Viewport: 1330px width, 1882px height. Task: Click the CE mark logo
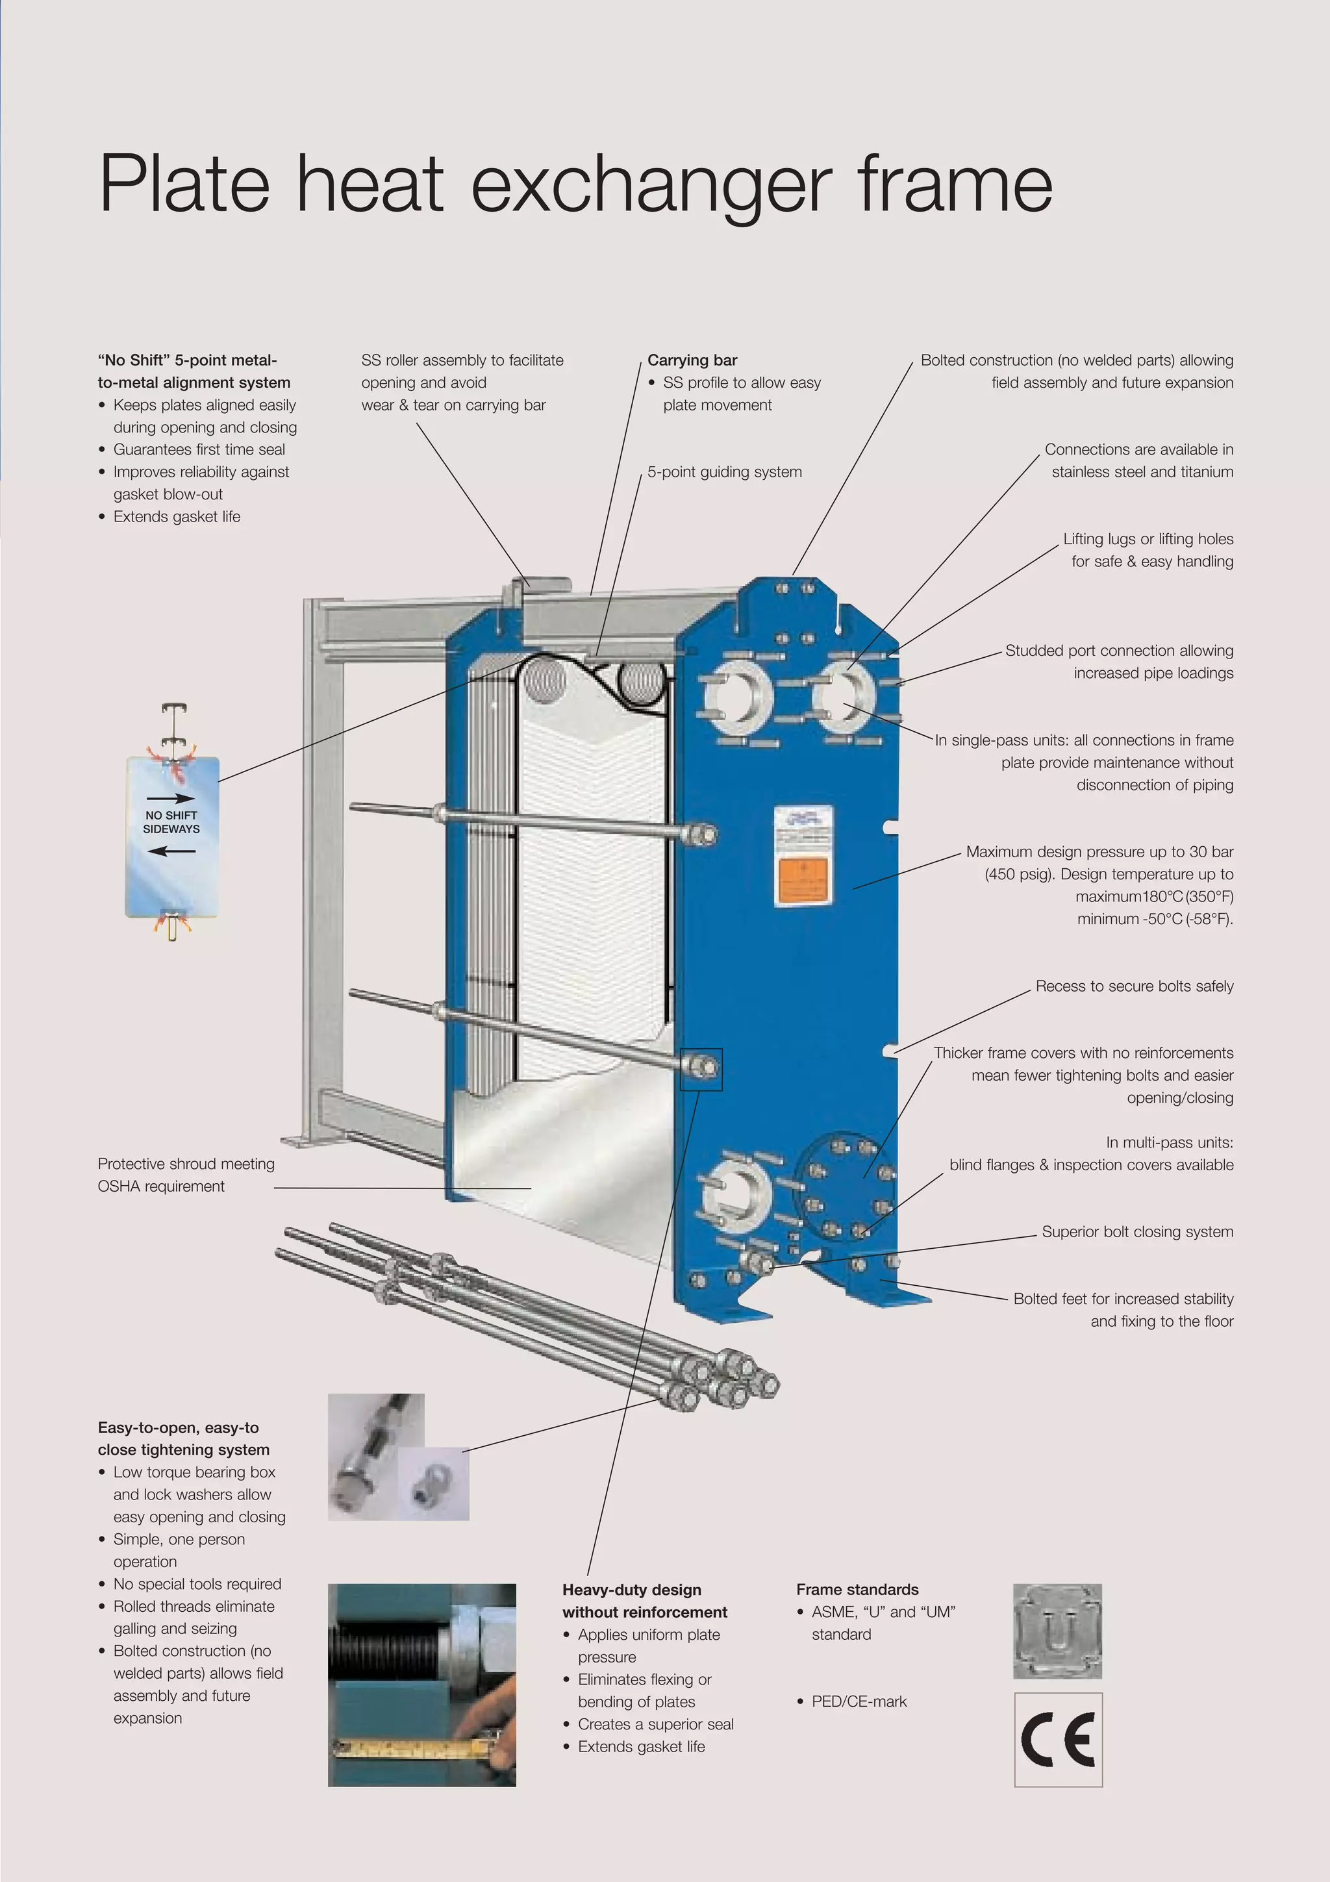[x=1058, y=1738]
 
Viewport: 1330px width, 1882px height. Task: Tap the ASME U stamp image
[x=1057, y=1631]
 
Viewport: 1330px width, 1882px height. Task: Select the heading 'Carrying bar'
[x=692, y=360]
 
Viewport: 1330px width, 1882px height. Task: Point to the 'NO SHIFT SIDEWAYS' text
[x=171, y=822]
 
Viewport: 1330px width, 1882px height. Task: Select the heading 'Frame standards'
[x=857, y=1588]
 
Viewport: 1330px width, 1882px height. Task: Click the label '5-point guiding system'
[x=723, y=471]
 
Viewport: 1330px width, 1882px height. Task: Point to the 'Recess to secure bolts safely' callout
[x=1133, y=985]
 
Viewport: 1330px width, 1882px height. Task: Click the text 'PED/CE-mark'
[x=858, y=1701]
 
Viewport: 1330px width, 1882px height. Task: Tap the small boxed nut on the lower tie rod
[x=701, y=1069]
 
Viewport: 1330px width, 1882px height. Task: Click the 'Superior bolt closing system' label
[x=1136, y=1231]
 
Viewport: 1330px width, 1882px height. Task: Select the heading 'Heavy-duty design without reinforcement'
[x=644, y=1600]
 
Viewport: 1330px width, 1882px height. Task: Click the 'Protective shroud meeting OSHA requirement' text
[x=185, y=1175]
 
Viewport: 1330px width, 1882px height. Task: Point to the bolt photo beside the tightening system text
[x=398, y=1457]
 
